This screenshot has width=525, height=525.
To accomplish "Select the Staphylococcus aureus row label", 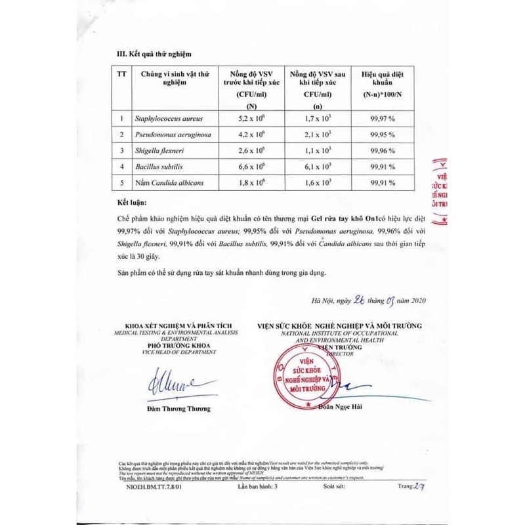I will pyautogui.click(x=169, y=119).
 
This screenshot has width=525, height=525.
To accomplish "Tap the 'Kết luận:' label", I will pyautogui.click(x=133, y=203).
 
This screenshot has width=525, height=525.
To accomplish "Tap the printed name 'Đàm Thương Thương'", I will pyautogui.click(x=179, y=409).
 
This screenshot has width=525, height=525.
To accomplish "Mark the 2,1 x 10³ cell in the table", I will pyautogui.click(x=318, y=135).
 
